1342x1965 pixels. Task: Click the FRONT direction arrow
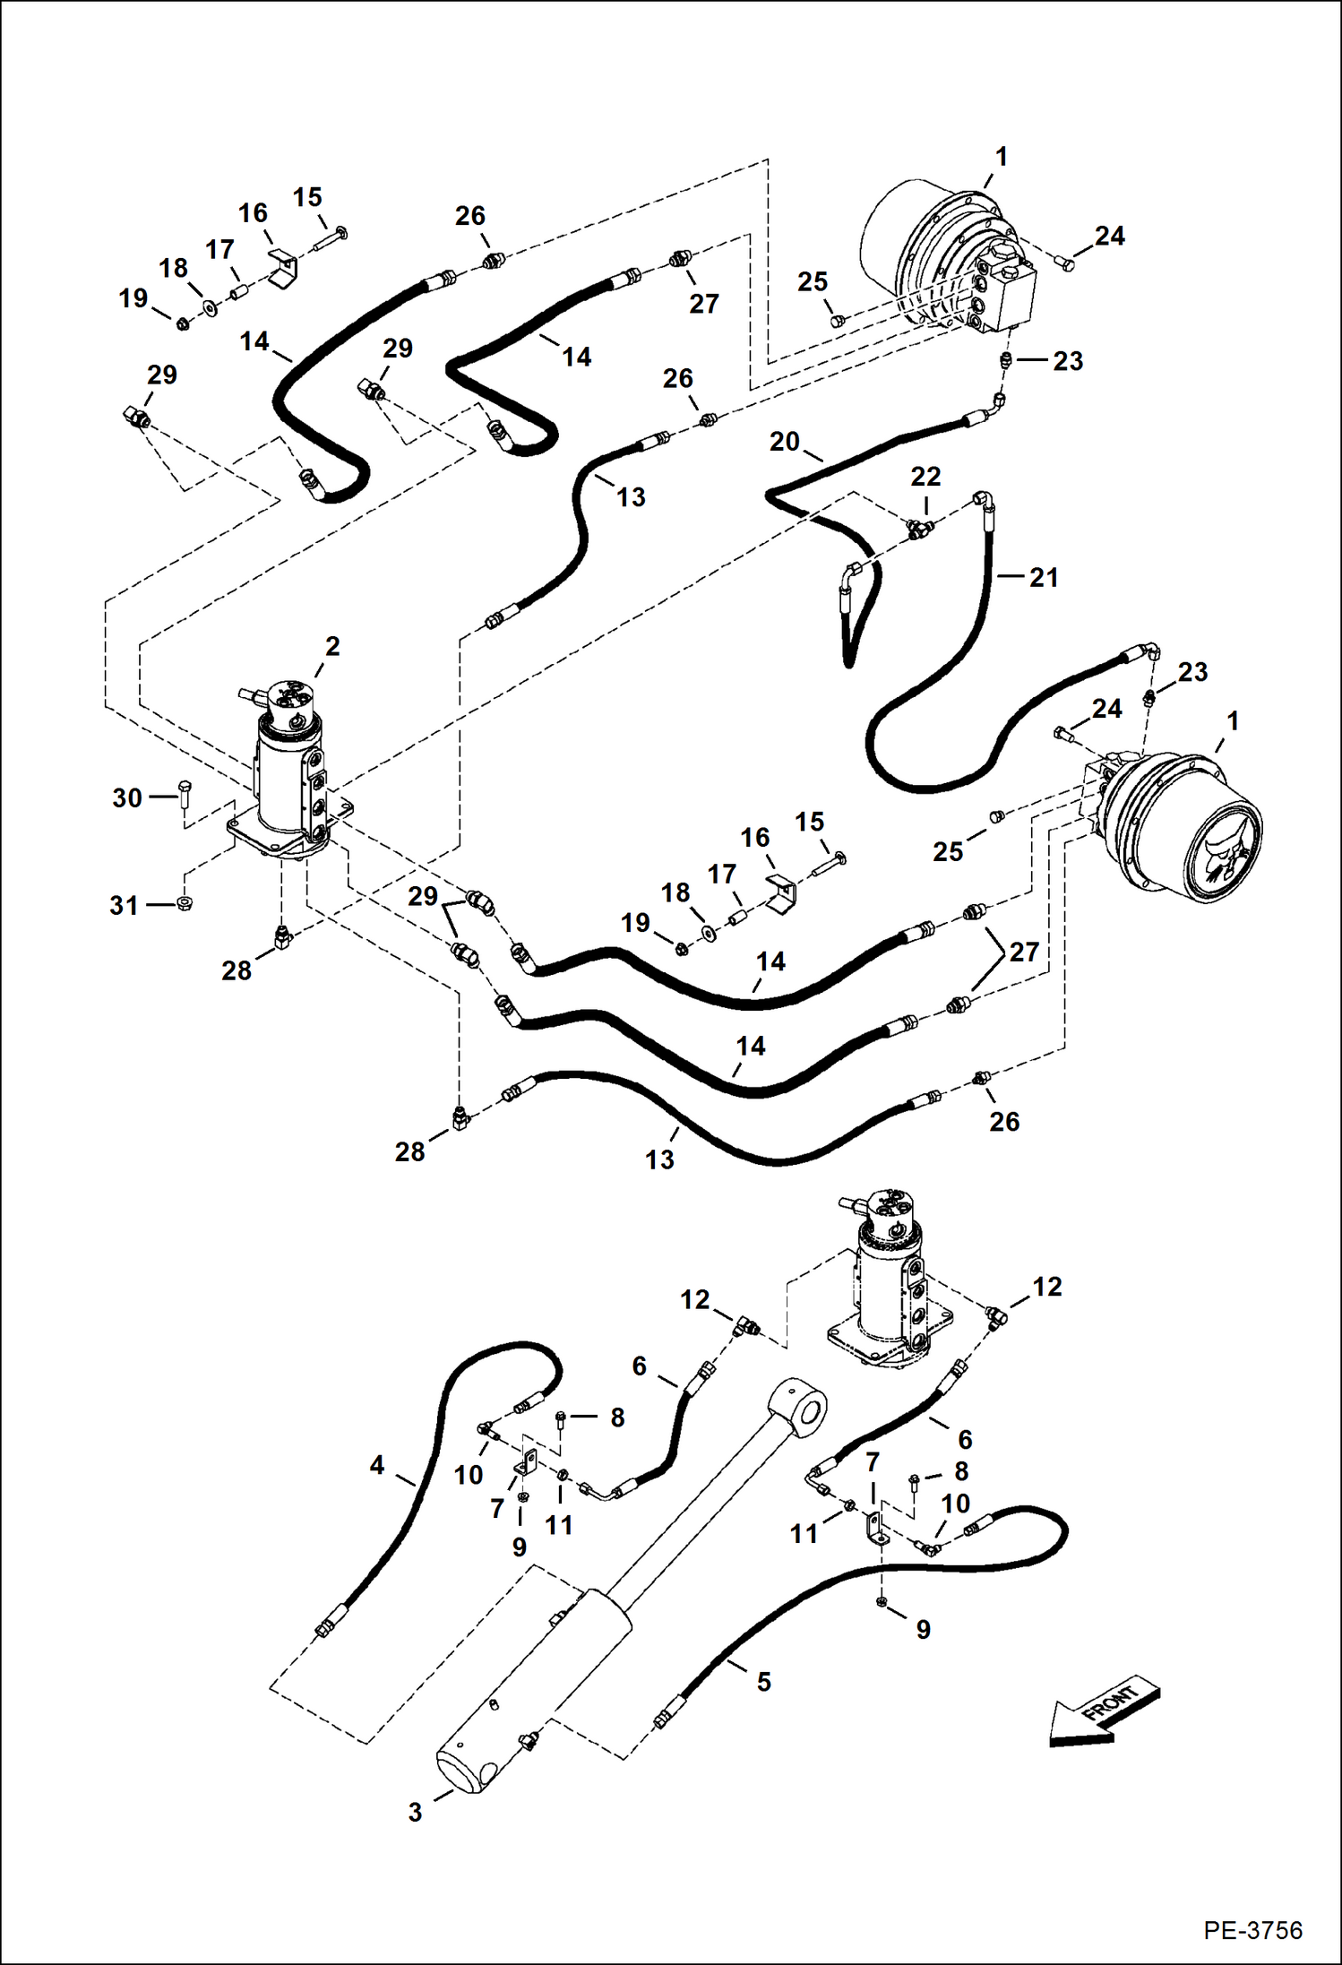coord(1105,1712)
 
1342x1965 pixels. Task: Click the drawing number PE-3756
coord(1252,1929)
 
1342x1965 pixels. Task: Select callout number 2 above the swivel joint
coord(332,646)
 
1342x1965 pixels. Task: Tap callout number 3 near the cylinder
coord(415,1812)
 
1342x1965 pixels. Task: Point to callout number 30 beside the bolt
coord(127,797)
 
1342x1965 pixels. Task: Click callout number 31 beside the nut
coord(125,905)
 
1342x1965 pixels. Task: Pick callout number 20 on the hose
coord(784,442)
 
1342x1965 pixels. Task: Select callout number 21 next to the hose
coord(1044,578)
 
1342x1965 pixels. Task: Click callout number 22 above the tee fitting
coord(925,477)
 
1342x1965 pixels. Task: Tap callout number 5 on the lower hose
coord(763,1682)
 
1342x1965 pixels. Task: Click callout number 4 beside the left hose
coord(377,1466)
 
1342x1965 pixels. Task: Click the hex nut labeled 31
coord(185,903)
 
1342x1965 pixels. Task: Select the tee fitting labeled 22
coord(917,529)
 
